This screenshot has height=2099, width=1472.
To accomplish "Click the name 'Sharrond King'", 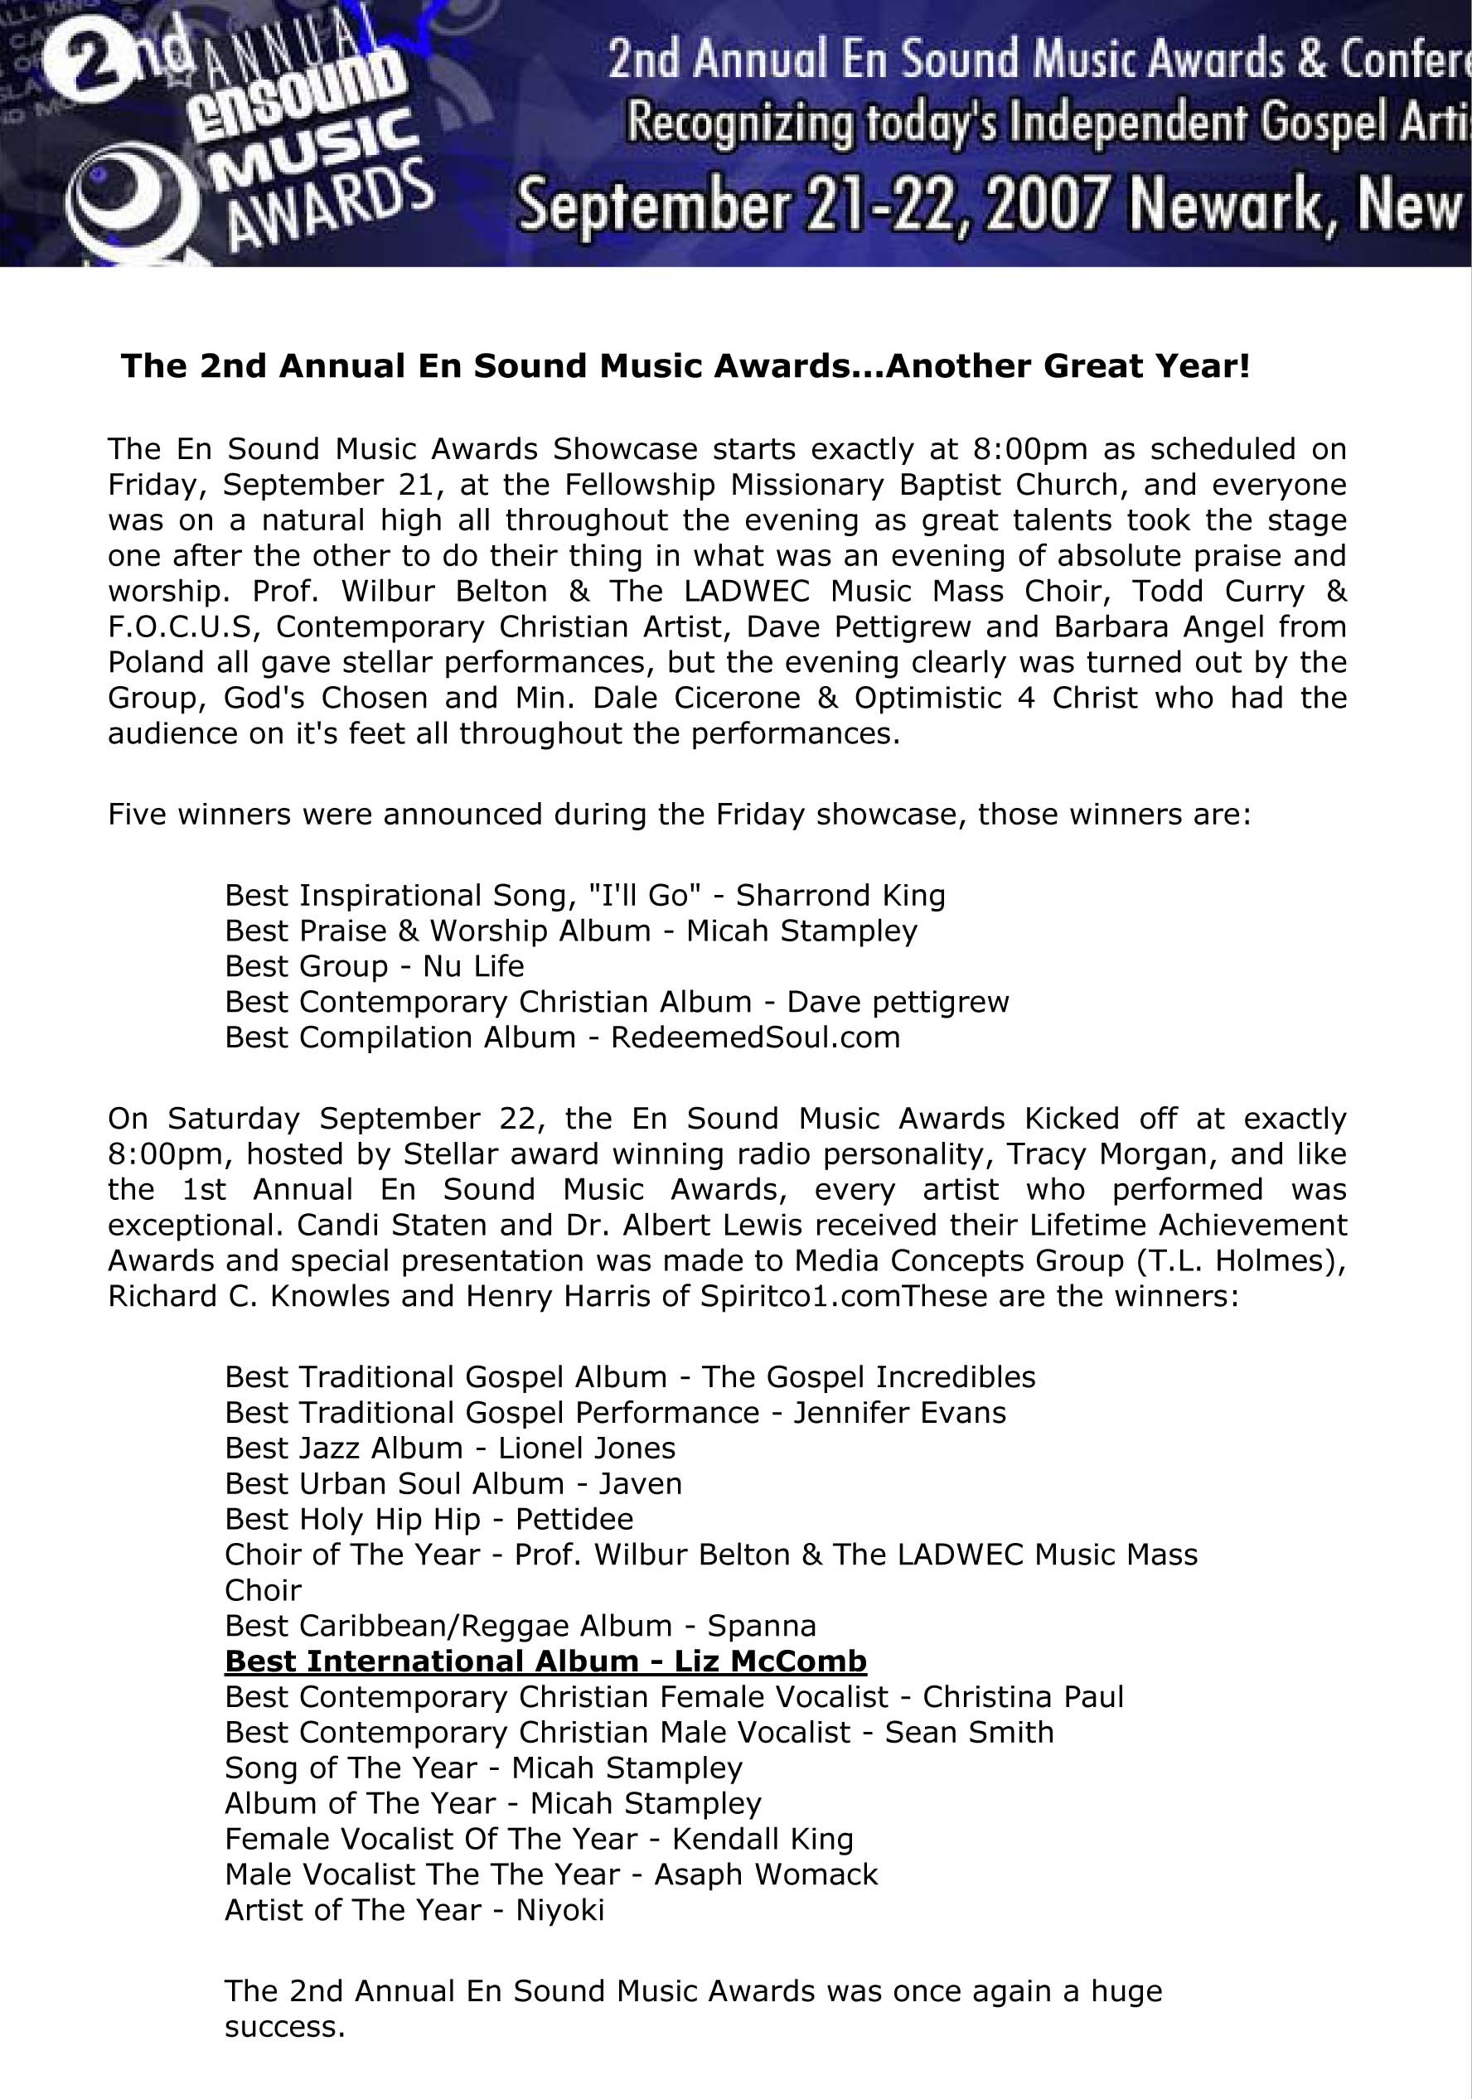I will (x=840, y=895).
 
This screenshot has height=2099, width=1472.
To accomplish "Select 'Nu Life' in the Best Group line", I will (x=472, y=966).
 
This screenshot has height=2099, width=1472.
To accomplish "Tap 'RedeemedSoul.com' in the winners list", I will (x=755, y=1037).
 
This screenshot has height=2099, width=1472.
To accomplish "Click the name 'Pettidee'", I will (x=574, y=1520).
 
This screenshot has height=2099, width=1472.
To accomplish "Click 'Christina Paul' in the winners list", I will (x=1023, y=1697).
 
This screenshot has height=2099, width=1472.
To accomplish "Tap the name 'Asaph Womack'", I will (x=766, y=1874).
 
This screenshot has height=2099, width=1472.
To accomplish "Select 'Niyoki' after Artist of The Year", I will (x=559, y=1910).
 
